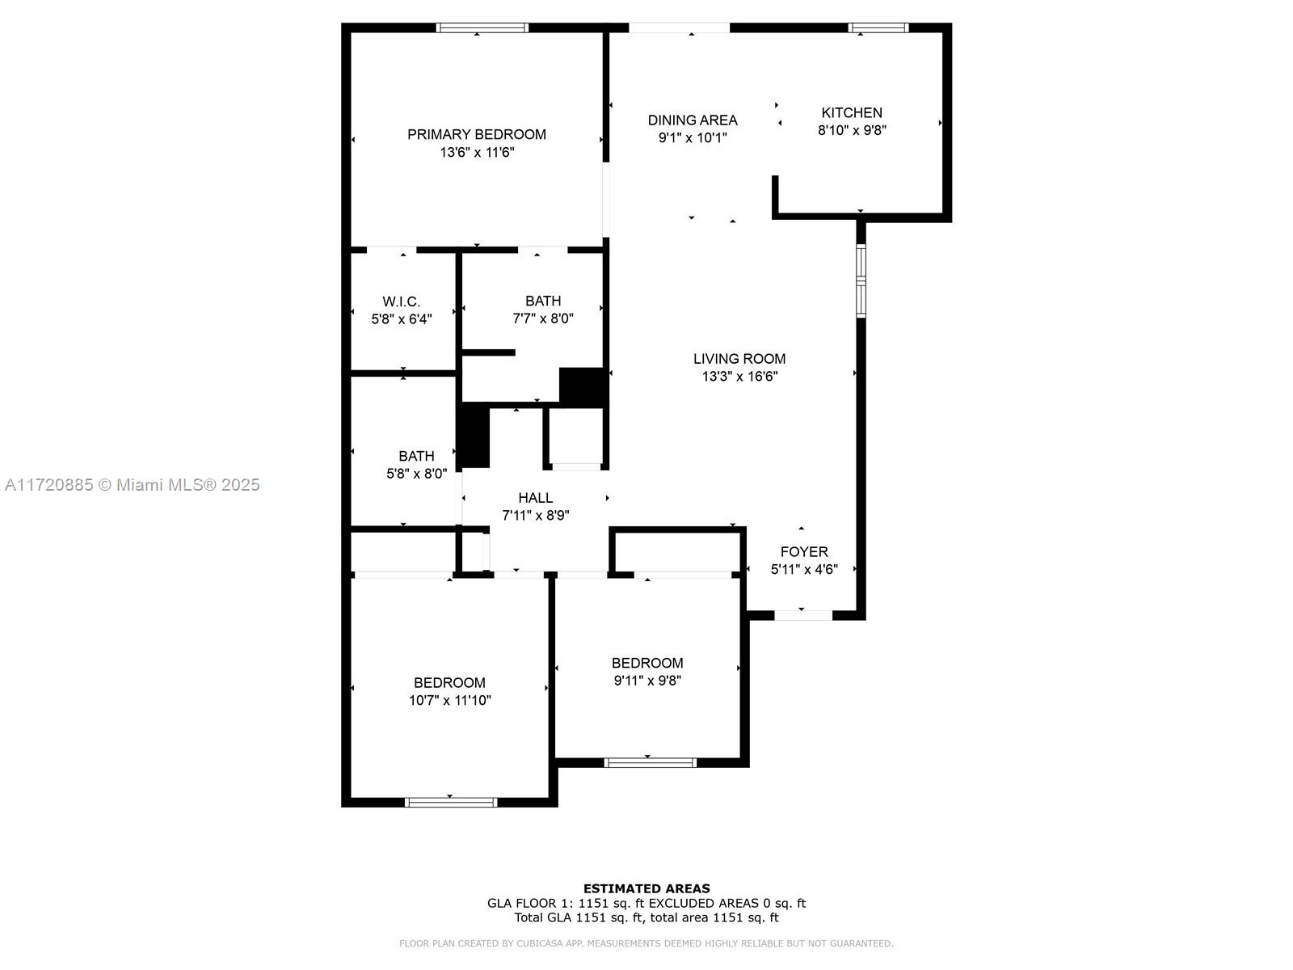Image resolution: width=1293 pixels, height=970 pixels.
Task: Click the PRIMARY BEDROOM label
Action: tap(476, 134)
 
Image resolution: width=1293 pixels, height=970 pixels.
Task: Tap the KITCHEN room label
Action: tap(851, 112)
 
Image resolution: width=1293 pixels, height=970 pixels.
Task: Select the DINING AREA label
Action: tap(692, 120)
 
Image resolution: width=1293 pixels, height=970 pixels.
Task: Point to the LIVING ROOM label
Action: tap(739, 359)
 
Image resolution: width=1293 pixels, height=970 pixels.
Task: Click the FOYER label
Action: tap(803, 552)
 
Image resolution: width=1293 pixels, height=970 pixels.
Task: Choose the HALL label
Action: tap(535, 498)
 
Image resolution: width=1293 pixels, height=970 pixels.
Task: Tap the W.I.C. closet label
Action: tap(401, 302)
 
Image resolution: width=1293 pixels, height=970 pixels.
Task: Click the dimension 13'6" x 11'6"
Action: tap(477, 153)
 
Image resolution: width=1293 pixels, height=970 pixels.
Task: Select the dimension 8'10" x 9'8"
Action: tap(851, 130)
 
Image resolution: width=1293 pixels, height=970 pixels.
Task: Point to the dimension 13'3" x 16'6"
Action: tap(739, 377)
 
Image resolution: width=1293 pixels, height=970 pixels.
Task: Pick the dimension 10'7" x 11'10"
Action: tap(449, 700)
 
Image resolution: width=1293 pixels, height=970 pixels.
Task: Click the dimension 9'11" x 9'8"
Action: tap(646, 681)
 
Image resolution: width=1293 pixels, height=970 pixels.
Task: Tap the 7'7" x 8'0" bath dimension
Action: tap(542, 318)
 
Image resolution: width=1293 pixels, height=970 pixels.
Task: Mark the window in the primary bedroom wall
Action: tap(482, 27)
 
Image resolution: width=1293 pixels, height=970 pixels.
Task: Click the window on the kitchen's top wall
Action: tap(878, 27)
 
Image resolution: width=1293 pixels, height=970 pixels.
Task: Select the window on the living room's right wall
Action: tap(861, 281)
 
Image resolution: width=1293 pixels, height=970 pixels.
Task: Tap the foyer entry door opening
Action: tap(803, 615)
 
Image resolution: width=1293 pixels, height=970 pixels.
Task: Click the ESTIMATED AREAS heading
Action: tap(646, 888)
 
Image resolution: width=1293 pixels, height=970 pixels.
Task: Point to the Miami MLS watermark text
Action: tap(132, 485)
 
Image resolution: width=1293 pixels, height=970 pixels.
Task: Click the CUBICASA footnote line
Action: tap(646, 943)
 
